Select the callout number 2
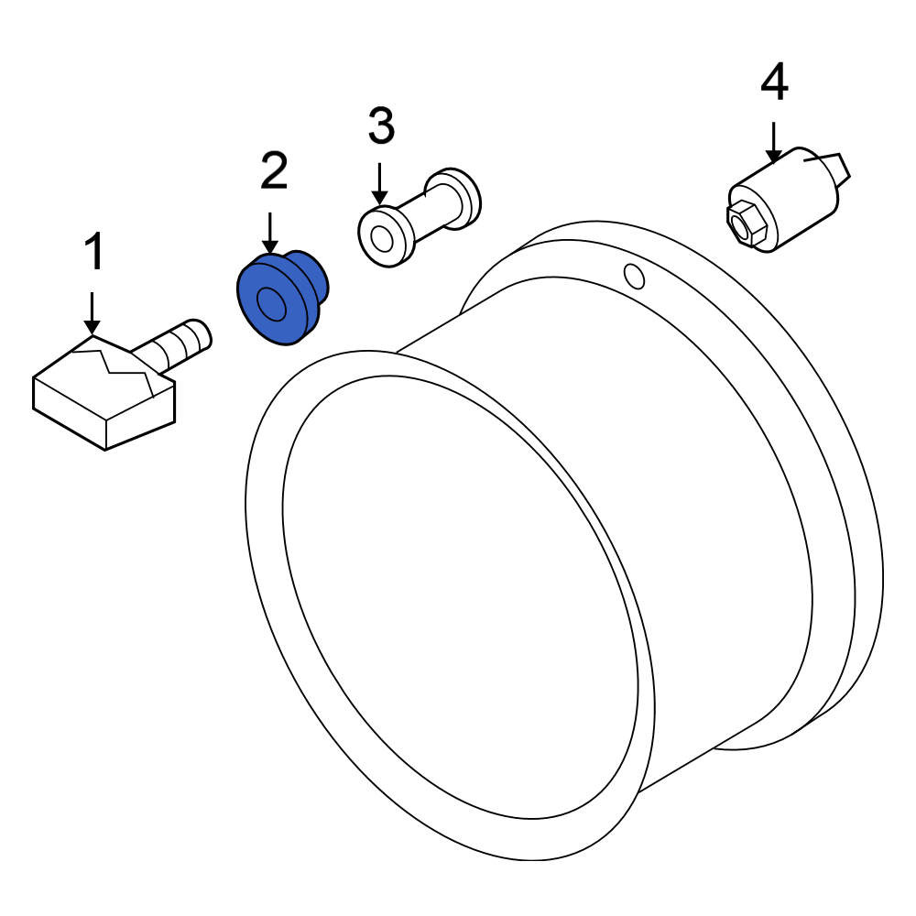pyautogui.click(x=274, y=170)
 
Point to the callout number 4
pyautogui.click(x=774, y=82)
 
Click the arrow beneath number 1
pyautogui.click(x=92, y=313)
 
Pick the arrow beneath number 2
pyautogui.click(x=270, y=233)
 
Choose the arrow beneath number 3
pyautogui.click(x=380, y=184)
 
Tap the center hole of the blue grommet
pyautogui.click(x=271, y=304)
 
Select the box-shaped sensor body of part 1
pyautogui.click(x=104, y=393)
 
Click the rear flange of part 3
pyautogui.click(x=460, y=198)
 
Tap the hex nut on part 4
pyautogui.click(x=746, y=224)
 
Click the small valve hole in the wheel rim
pyautogui.click(x=635, y=277)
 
